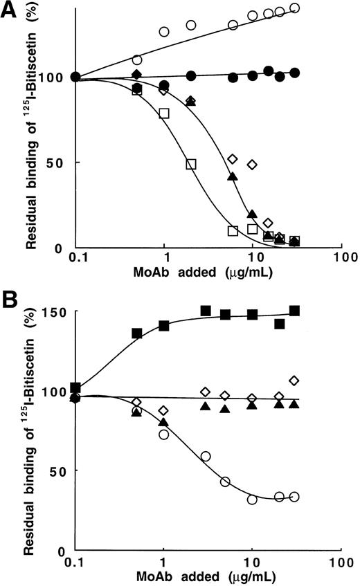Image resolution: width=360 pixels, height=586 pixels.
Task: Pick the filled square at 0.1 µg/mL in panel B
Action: click(x=75, y=387)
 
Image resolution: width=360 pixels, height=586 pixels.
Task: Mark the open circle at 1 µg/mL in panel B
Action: click(x=164, y=434)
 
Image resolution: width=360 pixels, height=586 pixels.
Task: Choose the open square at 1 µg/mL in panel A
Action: click(x=164, y=113)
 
